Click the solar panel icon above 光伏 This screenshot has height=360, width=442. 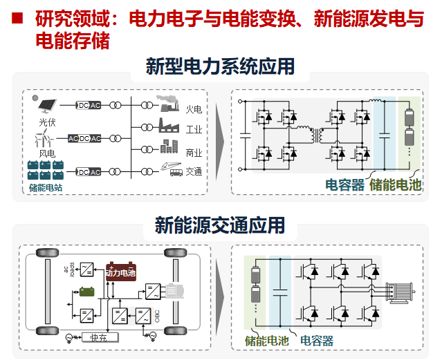47,104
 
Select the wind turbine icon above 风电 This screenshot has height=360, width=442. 46,140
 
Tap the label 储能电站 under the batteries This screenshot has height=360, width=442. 46,186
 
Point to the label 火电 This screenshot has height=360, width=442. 194,108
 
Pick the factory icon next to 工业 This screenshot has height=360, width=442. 168,126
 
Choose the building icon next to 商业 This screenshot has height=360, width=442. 169,147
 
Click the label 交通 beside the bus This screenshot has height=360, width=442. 194,172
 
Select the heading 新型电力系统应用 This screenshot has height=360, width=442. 220,67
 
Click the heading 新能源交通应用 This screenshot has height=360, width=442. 220,225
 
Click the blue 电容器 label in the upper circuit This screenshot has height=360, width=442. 345,184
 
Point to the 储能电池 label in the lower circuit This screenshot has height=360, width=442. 268,341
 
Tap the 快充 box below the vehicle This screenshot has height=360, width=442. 98,338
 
